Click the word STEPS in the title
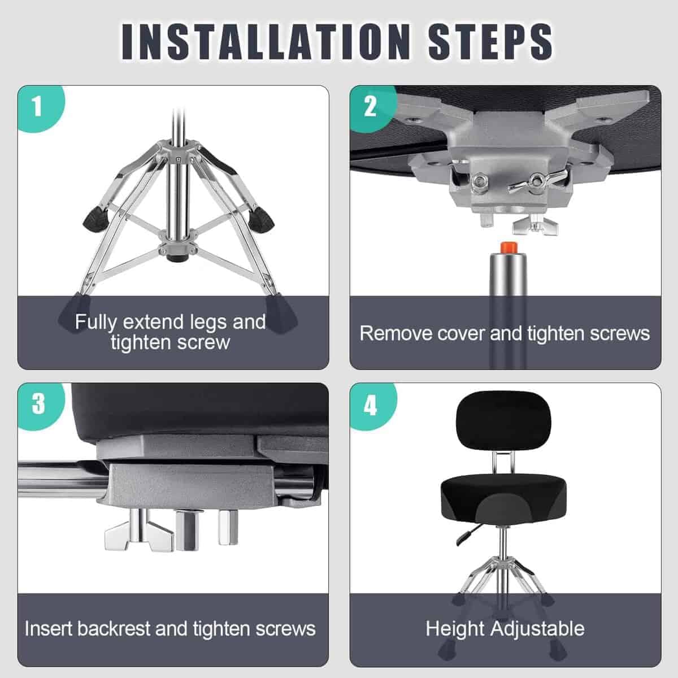[490, 42]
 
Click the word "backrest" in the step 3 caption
[114, 629]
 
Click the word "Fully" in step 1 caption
[95, 323]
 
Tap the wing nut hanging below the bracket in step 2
[535, 225]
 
